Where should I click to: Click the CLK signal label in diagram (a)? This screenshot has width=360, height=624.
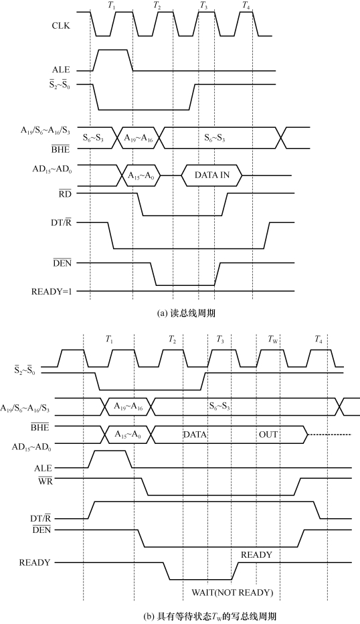61,26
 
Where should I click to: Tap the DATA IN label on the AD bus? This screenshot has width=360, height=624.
211,175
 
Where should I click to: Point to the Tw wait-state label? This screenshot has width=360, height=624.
272,339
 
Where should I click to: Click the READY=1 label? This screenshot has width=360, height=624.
50,291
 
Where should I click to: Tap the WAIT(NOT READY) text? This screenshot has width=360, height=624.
232,593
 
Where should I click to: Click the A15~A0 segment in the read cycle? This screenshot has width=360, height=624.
141,175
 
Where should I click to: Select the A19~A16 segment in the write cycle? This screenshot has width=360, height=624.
128,406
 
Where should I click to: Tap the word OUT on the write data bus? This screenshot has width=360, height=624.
268,434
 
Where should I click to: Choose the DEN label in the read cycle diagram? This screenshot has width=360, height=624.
62,262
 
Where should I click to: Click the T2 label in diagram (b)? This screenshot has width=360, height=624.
172,339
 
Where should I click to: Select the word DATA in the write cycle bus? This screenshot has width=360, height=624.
195,434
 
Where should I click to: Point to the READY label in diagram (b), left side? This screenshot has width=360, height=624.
35,562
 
